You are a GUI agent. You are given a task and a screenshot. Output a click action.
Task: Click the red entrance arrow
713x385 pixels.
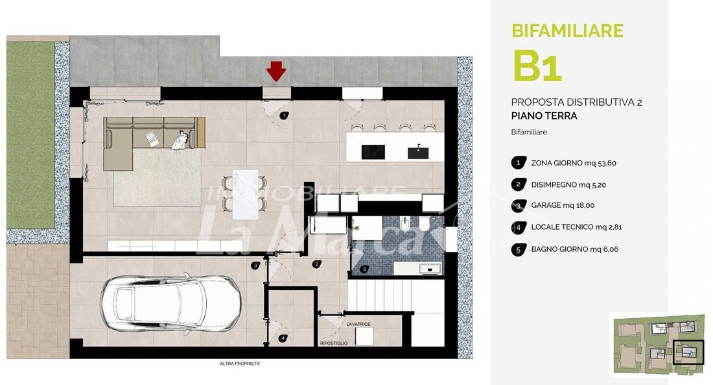[276, 71]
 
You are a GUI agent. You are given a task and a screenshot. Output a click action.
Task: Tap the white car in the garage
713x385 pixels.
[170, 304]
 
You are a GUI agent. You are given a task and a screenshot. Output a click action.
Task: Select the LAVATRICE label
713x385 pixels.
[358, 325]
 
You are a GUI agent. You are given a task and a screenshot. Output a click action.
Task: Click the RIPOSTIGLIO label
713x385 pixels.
[334, 343]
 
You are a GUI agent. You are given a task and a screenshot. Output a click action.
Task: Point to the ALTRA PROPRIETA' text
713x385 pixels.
[240, 364]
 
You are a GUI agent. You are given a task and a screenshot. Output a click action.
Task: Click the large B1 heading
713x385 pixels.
[537, 66]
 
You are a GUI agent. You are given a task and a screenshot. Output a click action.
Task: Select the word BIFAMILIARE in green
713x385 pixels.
[568, 31]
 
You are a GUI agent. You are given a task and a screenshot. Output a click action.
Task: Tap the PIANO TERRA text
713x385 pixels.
[544, 116]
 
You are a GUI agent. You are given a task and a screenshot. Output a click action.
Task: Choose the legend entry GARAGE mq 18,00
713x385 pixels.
[563, 206]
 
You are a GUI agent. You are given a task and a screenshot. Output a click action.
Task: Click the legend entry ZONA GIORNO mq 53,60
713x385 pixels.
[574, 163]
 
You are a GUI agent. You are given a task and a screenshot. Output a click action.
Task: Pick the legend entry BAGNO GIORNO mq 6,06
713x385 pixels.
[575, 249]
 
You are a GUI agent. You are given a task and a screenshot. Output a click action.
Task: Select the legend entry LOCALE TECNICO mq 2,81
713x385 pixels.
[577, 227]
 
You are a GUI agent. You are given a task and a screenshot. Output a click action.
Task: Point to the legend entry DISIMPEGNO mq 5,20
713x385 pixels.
[568, 185]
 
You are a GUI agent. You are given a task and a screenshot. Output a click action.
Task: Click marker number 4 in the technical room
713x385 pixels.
[283, 338]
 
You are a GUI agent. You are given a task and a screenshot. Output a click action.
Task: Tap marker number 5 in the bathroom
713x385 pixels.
[364, 269]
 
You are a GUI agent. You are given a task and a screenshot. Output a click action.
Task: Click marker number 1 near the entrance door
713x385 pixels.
[284, 116]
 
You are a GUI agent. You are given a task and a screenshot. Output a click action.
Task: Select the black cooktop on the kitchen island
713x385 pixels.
[373, 152]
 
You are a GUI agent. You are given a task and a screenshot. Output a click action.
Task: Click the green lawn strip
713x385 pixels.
[30, 135]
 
